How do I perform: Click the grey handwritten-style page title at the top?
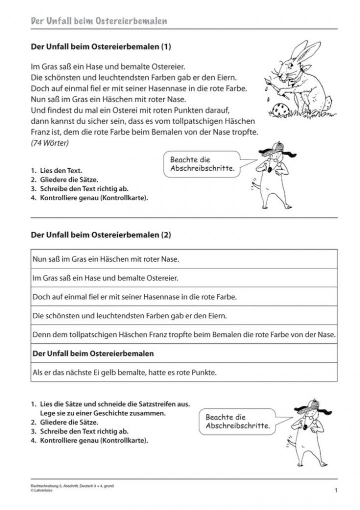coord(98,22)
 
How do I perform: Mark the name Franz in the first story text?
coord(40,133)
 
